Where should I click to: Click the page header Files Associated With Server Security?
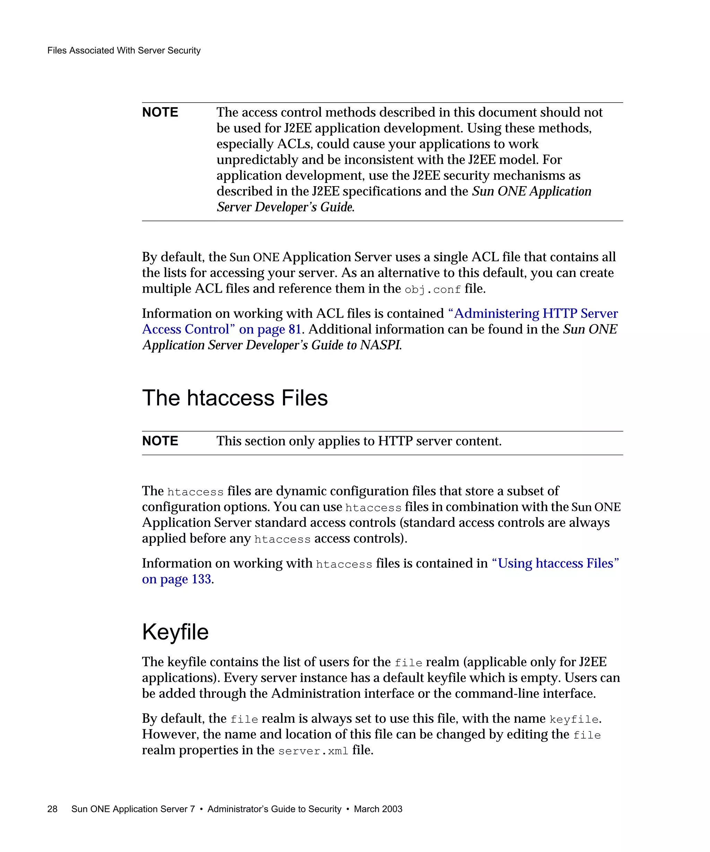click(x=124, y=50)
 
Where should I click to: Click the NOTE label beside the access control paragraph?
click(x=160, y=112)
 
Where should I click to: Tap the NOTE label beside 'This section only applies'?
click(x=160, y=441)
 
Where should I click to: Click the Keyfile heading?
click(x=175, y=632)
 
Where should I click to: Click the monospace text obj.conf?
click(x=433, y=289)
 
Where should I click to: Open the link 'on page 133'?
click(x=176, y=579)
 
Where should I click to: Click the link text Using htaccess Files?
click(x=555, y=563)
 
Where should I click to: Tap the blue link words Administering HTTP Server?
click(x=533, y=313)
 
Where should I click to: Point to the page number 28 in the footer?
click(x=52, y=809)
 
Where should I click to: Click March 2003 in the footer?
click(x=378, y=809)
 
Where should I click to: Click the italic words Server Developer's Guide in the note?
click(x=285, y=207)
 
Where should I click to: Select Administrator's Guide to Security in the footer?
click(x=274, y=809)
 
